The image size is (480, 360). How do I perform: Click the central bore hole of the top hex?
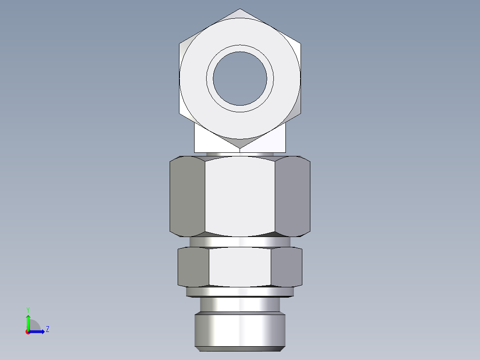coord(240,79)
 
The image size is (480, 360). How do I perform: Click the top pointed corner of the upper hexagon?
coord(240,9)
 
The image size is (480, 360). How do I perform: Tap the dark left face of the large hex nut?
coord(187,196)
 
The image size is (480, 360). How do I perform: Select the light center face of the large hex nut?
coord(240,196)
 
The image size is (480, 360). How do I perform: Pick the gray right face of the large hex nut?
coord(293,196)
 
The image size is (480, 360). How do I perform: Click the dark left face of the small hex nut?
coord(193,266)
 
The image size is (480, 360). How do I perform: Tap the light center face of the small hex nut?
coord(240,266)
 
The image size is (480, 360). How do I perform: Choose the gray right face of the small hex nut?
coord(287,266)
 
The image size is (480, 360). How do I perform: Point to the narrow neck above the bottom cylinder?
coord(240,304)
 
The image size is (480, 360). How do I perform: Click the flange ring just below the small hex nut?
coord(240,292)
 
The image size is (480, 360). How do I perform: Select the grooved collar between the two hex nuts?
coord(240,241)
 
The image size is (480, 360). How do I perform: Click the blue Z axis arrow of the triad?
coord(38,331)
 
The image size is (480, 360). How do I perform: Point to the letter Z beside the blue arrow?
coord(47,329)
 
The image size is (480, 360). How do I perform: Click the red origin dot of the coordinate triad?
coord(28,332)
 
